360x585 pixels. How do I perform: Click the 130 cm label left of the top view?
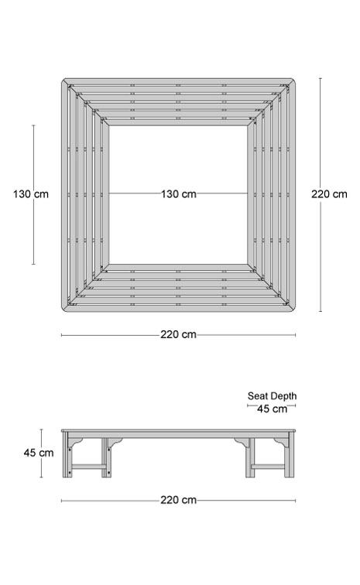tap(31, 194)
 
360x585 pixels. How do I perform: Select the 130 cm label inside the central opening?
tap(179, 194)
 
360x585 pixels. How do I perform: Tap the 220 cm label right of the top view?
tap(329, 194)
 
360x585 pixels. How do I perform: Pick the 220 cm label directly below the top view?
tap(179, 334)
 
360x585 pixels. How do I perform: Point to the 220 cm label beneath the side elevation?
tap(179, 500)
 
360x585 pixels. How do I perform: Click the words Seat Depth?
tap(273, 396)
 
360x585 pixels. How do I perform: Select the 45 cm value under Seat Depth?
tap(273, 409)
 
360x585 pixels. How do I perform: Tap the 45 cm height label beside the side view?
tap(39, 453)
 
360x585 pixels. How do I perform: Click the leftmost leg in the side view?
tap(67, 454)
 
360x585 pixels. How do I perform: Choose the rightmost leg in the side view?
tap(289, 454)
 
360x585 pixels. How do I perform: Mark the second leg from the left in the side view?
tap(106, 457)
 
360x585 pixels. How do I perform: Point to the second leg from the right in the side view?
tap(250, 457)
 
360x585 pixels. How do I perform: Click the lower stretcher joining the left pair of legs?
tap(87, 467)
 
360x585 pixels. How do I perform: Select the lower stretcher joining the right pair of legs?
tap(269, 467)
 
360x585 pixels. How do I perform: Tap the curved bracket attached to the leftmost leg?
tap(77, 442)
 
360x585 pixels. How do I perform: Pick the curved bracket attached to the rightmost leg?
tap(279, 442)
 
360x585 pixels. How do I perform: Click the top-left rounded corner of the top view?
tap(63, 80)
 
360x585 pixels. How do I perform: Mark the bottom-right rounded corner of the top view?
tap(293, 310)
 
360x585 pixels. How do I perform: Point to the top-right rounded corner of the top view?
tap(293, 80)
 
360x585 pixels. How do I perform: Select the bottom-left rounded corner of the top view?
tap(63, 310)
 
